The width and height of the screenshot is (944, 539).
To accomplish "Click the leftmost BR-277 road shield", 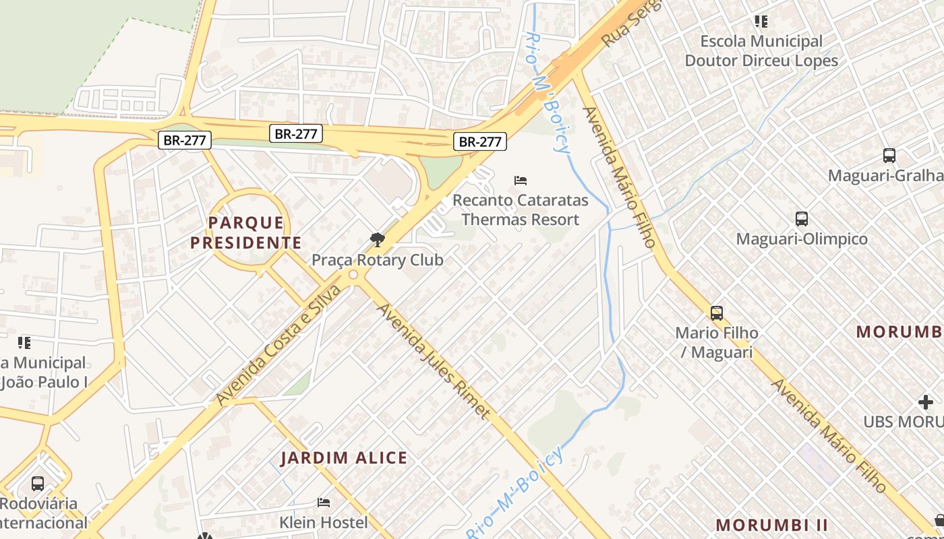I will tap(185, 140).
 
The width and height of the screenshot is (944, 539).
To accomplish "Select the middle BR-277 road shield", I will tap(296, 133).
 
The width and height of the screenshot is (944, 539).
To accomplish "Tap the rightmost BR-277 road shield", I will tap(480, 141).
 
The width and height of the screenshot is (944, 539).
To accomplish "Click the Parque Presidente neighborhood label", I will tap(245, 232).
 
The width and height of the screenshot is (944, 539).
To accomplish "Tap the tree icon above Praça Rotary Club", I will tap(378, 240).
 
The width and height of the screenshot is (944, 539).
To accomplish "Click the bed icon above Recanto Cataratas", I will tap(520, 181).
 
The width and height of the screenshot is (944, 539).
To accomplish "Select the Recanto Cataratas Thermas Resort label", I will tap(520, 210).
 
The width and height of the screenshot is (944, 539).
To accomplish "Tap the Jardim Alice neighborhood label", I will tap(344, 458).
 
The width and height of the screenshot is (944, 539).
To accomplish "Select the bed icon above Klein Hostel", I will tap(324, 503).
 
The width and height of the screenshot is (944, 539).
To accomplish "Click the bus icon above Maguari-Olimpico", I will tap(801, 219).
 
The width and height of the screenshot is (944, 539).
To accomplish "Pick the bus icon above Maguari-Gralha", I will tap(889, 156).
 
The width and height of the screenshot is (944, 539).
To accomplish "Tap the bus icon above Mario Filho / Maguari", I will tap(716, 313).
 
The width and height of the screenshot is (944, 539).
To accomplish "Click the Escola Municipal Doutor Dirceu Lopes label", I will tap(761, 51).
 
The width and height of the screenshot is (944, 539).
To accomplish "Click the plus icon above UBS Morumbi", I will tap(925, 402).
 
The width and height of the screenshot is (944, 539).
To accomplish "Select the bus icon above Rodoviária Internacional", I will tap(38, 483).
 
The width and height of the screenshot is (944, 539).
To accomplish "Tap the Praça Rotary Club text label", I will tap(378, 259).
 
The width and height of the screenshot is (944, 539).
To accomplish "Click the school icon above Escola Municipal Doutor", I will tap(761, 22).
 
